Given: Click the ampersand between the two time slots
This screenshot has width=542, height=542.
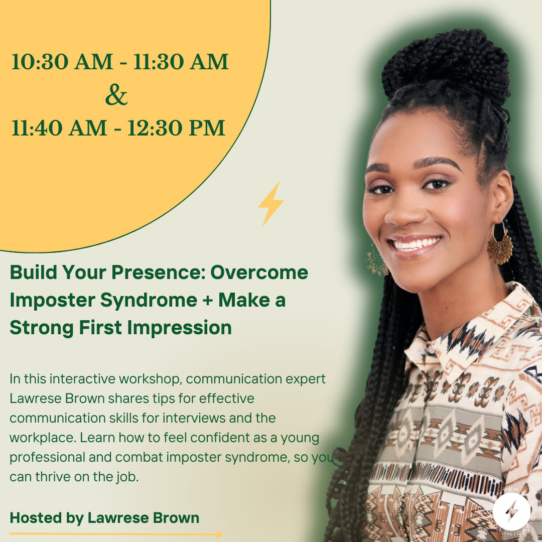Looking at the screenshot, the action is tap(116, 95).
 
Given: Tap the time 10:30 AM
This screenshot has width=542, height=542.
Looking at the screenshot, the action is tap(62, 62).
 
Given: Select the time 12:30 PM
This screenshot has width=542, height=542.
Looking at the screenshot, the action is tap(176, 128).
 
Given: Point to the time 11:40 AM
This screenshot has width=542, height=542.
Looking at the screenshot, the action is tap(59, 128).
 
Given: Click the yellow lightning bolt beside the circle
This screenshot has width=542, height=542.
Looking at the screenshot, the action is tap(270, 204).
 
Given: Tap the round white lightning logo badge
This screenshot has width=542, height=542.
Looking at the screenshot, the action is tap(511, 511).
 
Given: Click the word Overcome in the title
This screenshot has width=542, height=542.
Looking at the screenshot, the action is tap(259, 273).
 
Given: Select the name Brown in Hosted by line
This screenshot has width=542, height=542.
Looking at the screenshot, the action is tap(176, 518).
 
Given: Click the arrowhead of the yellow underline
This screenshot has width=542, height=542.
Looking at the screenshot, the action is tap(219, 534).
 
